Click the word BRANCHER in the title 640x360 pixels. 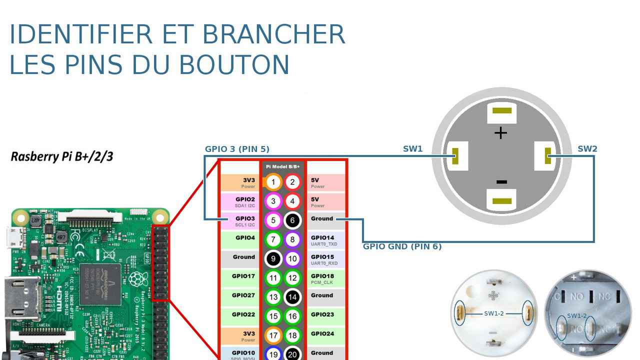[273, 34]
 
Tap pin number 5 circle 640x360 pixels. [273, 220]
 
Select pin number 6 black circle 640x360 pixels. [292, 220]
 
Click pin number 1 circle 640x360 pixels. [273, 182]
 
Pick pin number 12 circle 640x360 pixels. [292, 277]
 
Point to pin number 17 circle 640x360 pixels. [273, 335]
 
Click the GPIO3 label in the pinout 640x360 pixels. [245, 218]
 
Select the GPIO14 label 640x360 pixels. [322, 238]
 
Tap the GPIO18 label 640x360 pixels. [322, 276]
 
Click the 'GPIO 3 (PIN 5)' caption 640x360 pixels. [237, 149]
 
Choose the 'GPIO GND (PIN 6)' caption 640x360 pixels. [402, 246]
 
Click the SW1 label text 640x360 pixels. [412, 149]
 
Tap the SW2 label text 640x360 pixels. [587, 149]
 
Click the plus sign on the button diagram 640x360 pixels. [500, 132]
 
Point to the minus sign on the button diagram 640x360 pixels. [501, 182]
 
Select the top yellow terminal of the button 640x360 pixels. [501, 110]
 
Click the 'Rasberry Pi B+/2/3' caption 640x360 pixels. [62, 156]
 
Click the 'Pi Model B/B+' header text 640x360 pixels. [283, 166]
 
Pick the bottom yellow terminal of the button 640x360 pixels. [501, 201]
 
